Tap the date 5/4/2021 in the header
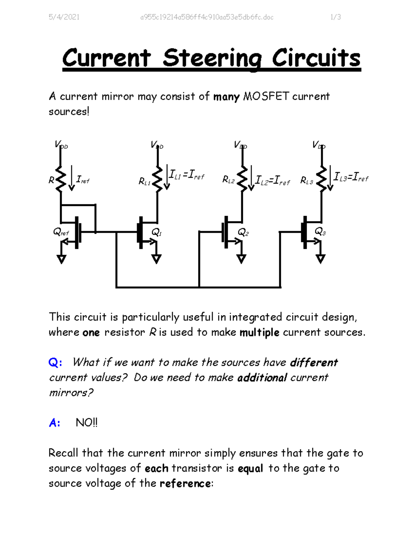[x=64, y=17]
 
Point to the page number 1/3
[x=335, y=17]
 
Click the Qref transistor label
[x=61, y=232]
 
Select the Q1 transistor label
[x=157, y=232]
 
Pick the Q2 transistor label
[x=243, y=232]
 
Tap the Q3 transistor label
[x=320, y=232]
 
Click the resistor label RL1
[x=145, y=181]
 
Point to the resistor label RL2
[x=228, y=179]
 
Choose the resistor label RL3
[x=307, y=180]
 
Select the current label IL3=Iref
[x=351, y=177]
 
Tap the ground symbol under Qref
[x=61, y=259]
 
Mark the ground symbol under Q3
[x=321, y=259]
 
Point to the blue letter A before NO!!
[x=54, y=423]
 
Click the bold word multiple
[x=259, y=333]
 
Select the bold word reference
[x=185, y=484]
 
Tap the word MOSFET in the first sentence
[x=266, y=96]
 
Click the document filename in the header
[x=207, y=17]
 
